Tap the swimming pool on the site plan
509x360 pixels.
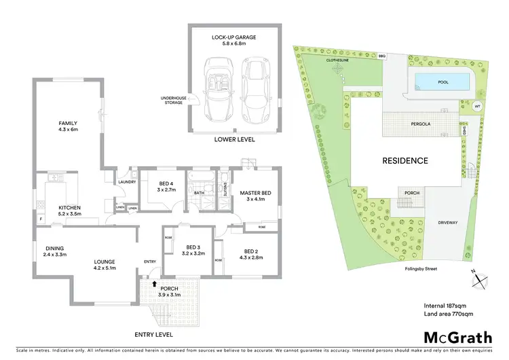(x=443, y=83)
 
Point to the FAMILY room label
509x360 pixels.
(x=69, y=125)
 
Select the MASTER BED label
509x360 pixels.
(x=255, y=196)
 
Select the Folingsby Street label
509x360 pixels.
(x=423, y=269)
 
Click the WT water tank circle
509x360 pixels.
(x=476, y=105)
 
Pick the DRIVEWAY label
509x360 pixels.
(x=447, y=222)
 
